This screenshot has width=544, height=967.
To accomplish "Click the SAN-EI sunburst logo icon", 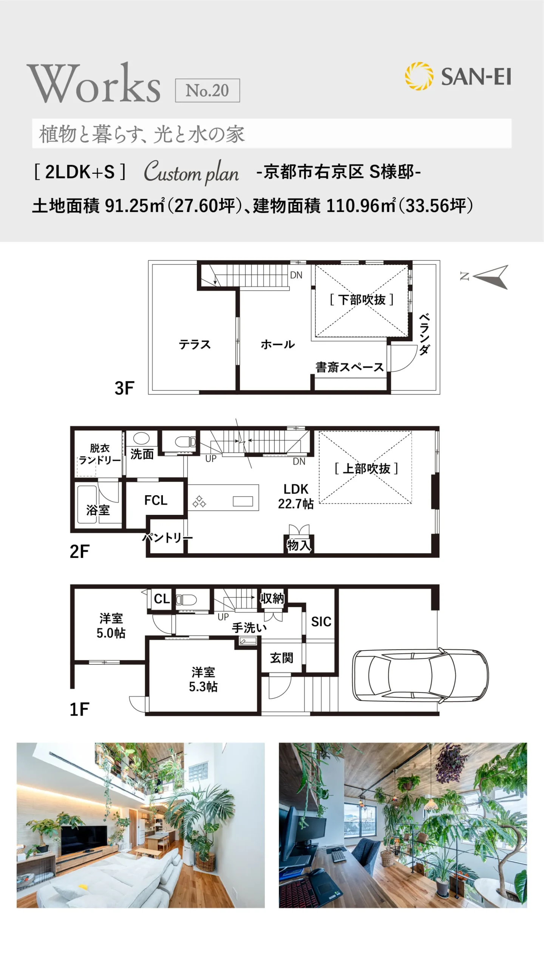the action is click(419, 76).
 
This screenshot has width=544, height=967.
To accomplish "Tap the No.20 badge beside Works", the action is click(207, 90).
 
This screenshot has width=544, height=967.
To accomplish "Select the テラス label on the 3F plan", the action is click(195, 344).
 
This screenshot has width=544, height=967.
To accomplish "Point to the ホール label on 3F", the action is click(278, 344).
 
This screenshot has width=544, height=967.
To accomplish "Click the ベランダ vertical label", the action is click(424, 334).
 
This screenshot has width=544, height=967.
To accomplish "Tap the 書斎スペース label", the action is click(349, 367).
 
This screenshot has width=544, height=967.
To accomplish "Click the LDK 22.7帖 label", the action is click(296, 496).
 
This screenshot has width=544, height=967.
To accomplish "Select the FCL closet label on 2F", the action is click(156, 500).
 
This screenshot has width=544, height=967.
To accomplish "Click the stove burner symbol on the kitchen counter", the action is click(199, 501).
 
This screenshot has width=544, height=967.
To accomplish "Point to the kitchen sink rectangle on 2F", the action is click(243, 501).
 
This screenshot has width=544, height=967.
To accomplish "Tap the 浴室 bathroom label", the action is click(98, 510).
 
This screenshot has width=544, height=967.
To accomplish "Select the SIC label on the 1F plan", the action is click(321, 622).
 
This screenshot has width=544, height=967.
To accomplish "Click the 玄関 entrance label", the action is click(281, 658).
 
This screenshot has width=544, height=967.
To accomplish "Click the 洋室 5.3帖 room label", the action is click(203, 679).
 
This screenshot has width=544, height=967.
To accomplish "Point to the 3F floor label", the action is click(124, 388).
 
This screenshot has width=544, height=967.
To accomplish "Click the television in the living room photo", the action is click(84, 839).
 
